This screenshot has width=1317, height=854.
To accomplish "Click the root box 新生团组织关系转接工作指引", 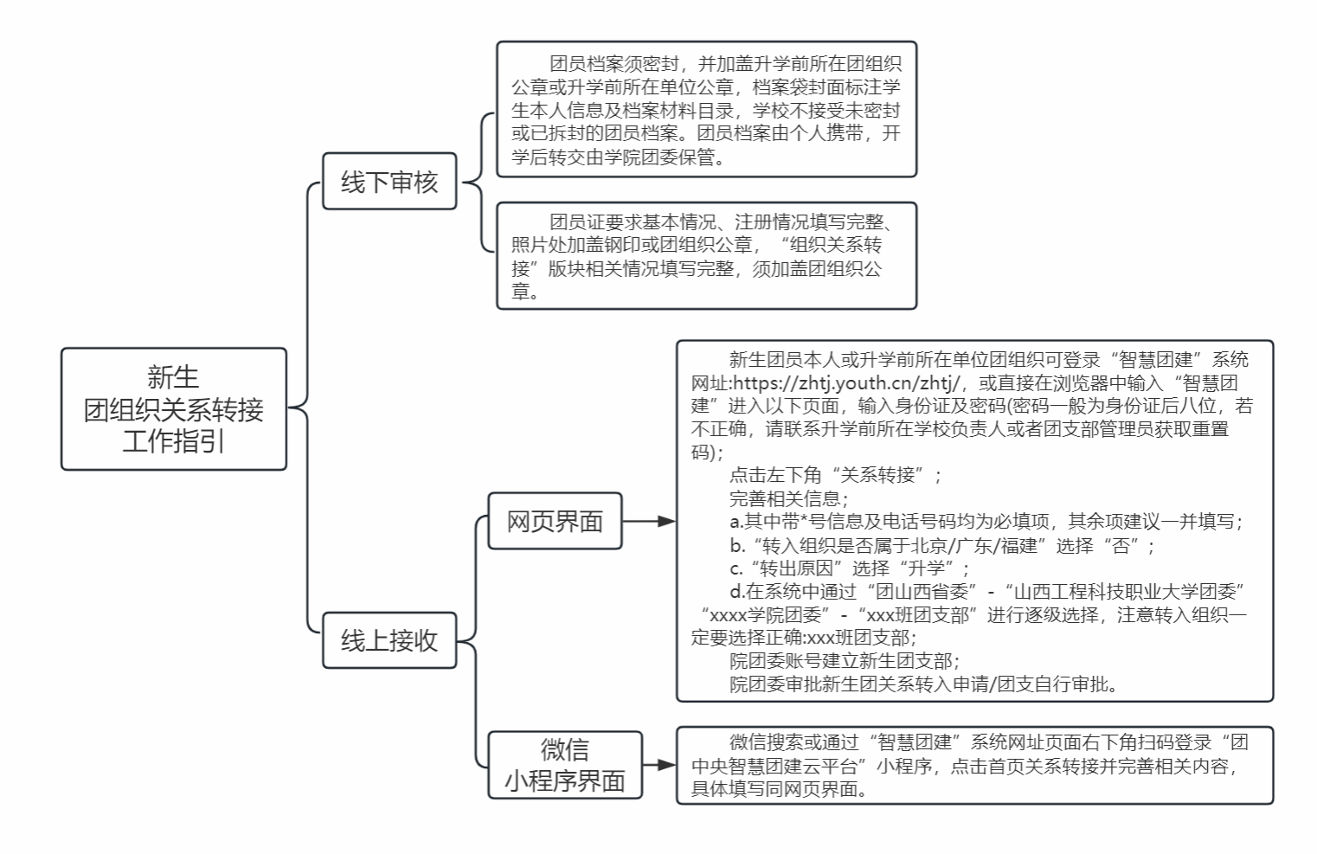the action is pos(174,409).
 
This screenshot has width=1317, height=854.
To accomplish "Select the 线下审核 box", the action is pos(389,181).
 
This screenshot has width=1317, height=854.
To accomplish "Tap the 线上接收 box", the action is pos(389,640).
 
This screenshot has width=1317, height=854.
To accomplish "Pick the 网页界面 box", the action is pos(555,521).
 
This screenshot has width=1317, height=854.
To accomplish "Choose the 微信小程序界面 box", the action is pos(565,765).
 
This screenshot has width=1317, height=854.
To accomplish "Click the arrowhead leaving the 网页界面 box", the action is pos(667,521).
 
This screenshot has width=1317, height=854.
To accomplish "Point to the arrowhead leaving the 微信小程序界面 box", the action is pos(667,765).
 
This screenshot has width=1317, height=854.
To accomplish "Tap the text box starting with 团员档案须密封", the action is pos(707,109).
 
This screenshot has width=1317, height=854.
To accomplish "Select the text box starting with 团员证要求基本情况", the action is pos(707,255).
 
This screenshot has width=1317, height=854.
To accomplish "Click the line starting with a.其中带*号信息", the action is pos(986,522).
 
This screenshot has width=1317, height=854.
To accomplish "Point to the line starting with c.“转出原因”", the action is pos(850,568).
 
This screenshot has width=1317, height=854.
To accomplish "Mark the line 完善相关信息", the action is pos(789,498).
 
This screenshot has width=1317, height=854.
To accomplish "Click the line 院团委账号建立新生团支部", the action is pos(845,661).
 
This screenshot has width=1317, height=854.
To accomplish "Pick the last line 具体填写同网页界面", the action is pos(780,789).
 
